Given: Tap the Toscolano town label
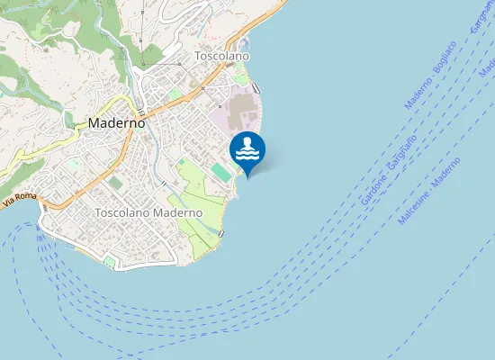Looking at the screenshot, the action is [222, 56].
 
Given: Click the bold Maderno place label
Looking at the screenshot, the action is [117, 123].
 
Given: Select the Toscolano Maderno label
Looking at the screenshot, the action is [148, 212].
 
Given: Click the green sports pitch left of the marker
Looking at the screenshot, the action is [220, 169].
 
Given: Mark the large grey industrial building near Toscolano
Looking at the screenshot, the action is [241, 113].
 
